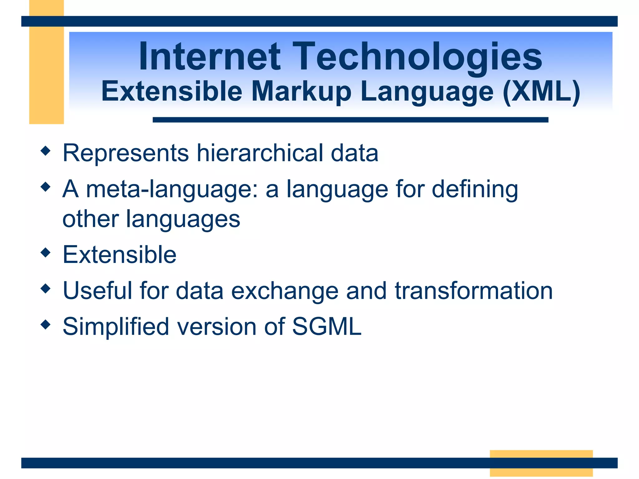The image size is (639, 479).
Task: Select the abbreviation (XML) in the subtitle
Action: coord(542,92)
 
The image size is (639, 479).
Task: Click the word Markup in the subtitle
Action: coord(301,92)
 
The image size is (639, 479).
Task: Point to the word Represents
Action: coord(126,153)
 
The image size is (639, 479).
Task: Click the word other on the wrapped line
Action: coord(90,219)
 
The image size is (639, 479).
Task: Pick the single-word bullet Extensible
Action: coord(120,255)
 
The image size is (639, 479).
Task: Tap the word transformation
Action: coord(474,291)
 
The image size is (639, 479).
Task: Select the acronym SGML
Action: coord(327,327)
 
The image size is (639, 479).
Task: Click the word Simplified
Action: coord(116,327)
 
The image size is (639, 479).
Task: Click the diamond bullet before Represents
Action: coord(46,151)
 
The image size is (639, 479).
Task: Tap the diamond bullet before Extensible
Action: coord(46,253)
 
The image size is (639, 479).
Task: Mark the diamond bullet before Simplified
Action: coord(46,324)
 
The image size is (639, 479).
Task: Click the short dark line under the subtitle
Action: coord(350,120)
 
